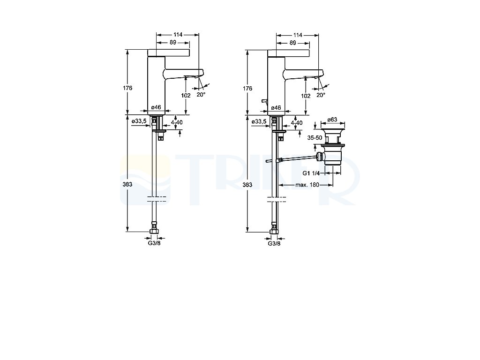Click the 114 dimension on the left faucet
coord(178,35)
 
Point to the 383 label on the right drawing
coord(247,185)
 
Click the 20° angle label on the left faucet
coord(201,95)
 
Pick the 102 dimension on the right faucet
coord(306,96)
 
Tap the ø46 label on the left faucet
coord(156,107)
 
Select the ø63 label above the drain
coord(332,119)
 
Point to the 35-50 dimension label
coord(315,138)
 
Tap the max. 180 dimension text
coord(307,185)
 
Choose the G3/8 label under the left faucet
coord(154,243)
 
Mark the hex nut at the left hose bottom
coord(154,231)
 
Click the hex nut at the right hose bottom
coord(274,231)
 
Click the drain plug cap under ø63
coord(332,127)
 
